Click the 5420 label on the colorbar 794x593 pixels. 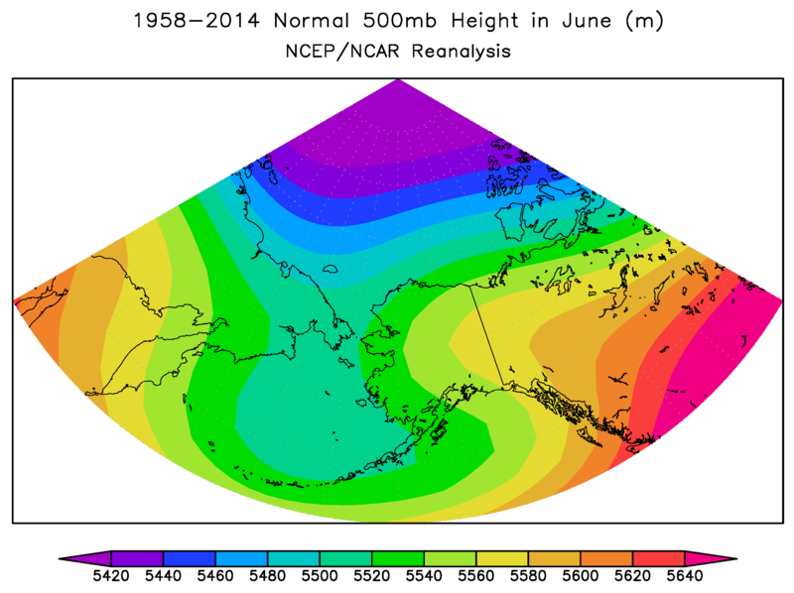tap(110, 576)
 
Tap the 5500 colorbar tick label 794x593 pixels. tap(319, 576)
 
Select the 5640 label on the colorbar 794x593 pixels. tap(684, 576)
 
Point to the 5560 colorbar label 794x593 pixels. tap(475, 576)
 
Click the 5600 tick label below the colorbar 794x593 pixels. tap(580, 576)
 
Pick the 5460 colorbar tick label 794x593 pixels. tap(214, 576)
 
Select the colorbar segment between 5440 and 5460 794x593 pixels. tap(189, 559)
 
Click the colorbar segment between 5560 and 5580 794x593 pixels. tap(501, 559)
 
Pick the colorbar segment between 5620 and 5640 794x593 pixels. tap(658, 559)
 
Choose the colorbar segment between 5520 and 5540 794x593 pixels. tap(397, 559)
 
